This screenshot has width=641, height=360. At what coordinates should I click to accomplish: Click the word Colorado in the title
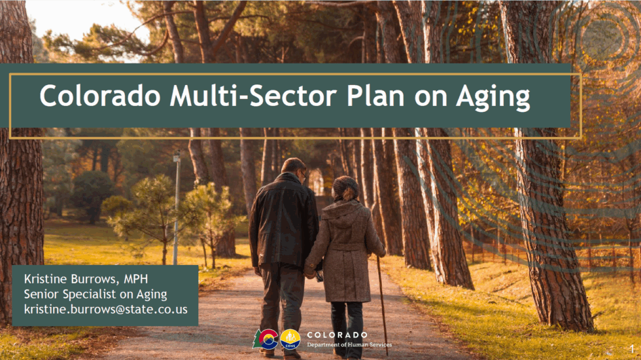(99, 97)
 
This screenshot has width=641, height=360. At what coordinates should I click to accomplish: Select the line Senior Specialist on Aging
(95, 294)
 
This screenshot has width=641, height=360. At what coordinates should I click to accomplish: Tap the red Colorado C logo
(266, 339)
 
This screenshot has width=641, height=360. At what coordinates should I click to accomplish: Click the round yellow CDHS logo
(290, 339)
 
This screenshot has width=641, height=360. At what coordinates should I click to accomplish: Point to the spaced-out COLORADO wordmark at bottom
(337, 334)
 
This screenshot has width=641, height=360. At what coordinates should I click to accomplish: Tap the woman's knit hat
(344, 186)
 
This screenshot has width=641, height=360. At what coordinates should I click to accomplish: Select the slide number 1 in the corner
(632, 351)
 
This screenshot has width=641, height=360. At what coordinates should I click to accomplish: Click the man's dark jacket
(283, 223)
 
